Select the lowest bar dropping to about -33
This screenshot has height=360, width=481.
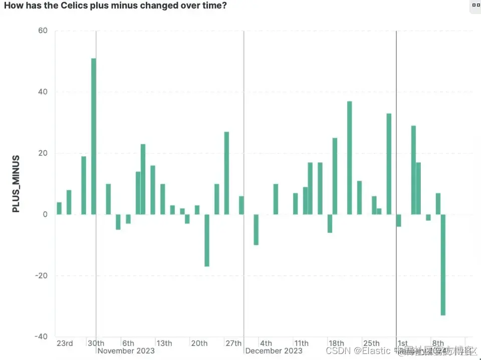click(443, 265)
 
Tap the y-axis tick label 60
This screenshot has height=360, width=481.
click(43, 31)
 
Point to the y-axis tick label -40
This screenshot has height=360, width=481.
click(41, 336)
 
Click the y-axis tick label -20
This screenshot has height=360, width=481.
click(41, 275)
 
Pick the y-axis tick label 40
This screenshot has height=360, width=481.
click(43, 92)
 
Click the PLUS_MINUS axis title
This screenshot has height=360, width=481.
click(16, 184)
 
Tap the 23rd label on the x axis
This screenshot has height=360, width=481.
click(65, 343)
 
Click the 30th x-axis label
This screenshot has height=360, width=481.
click(96, 343)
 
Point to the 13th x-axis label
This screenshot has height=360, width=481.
click(164, 343)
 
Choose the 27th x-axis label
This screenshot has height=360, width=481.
click(233, 343)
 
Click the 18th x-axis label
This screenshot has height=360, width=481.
click(337, 343)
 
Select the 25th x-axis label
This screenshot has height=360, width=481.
click(371, 343)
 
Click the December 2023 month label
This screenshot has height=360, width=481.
click(274, 351)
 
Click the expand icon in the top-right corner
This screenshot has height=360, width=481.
click(475, 6)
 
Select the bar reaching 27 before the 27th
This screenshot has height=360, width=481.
click(226, 173)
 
